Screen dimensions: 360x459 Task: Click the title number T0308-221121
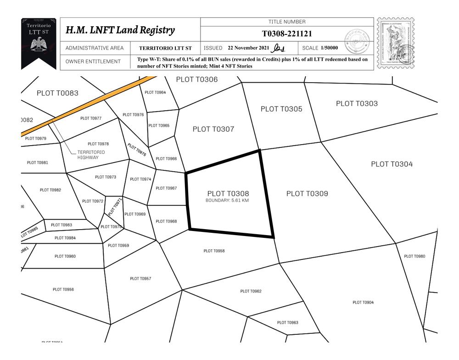click(x=287, y=34)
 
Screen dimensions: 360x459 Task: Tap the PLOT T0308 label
click(x=228, y=194)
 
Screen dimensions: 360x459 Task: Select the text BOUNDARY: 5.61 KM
click(x=227, y=201)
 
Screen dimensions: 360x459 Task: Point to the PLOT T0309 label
click(x=307, y=194)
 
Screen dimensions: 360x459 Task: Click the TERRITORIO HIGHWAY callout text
click(x=91, y=155)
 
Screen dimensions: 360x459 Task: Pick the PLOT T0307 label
click(x=213, y=129)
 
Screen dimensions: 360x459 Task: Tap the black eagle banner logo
click(x=39, y=43)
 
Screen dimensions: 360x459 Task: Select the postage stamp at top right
click(x=395, y=43)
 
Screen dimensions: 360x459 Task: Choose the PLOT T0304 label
click(x=392, y=164)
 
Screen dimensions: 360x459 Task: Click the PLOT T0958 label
click(x=214, y=251)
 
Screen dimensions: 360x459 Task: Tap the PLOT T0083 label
click(x=57, y=93)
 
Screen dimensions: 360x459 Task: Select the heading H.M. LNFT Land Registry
click(x=120, y=30)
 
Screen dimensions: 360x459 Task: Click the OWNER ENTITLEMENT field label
click(x=93, y=62)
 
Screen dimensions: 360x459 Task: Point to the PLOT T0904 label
click(x=363, y=302)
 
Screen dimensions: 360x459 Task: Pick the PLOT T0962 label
click(x=251, y=291)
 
